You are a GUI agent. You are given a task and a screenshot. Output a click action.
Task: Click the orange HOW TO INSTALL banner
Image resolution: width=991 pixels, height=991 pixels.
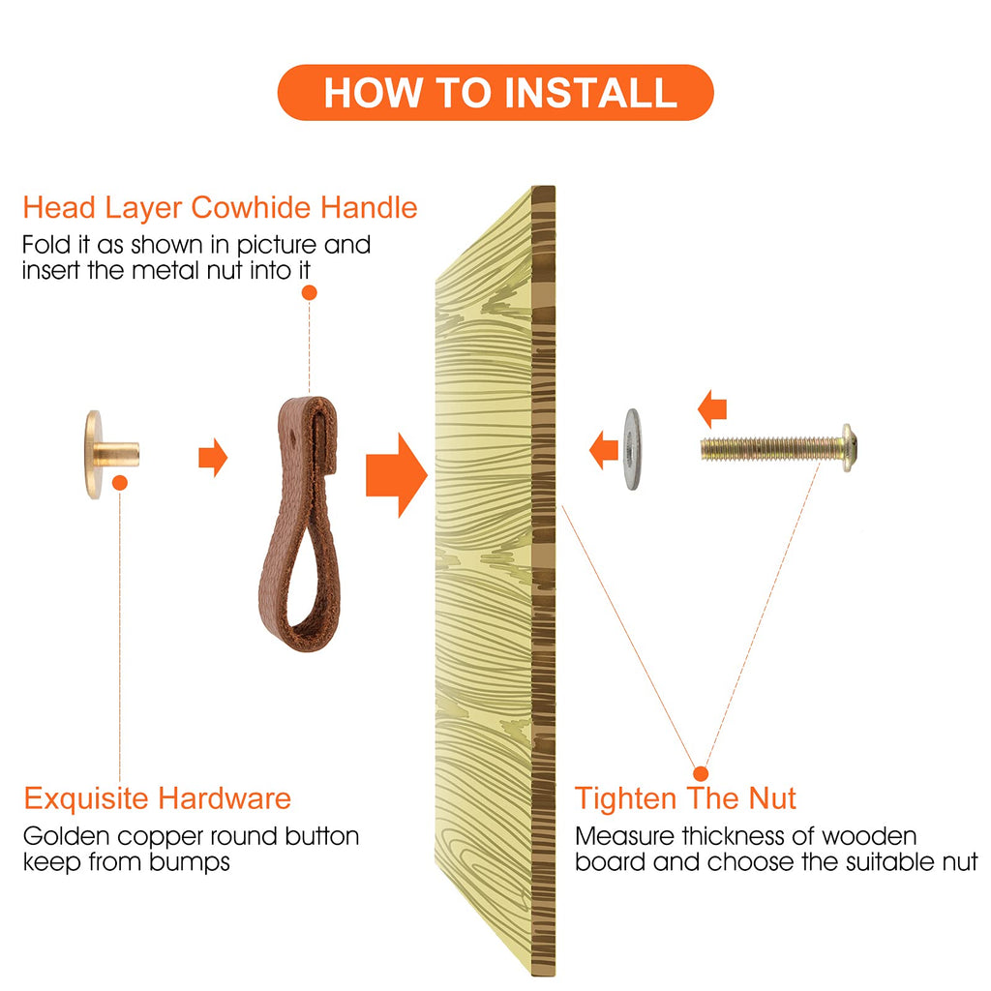[495, 92]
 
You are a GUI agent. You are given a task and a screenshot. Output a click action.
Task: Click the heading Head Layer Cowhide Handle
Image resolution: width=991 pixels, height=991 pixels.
[220, 208]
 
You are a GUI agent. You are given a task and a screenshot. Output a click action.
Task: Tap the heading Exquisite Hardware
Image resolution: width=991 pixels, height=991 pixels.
[158, 798]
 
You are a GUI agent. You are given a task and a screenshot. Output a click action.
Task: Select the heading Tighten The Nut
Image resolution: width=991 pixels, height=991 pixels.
[685, 798]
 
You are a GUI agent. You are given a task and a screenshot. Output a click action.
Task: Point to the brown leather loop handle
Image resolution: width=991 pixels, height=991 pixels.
[301, 524]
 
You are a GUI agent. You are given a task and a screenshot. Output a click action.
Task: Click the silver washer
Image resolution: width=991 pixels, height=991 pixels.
[632, 449]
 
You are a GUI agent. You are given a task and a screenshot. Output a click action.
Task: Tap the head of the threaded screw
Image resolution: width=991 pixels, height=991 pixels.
[849, 448]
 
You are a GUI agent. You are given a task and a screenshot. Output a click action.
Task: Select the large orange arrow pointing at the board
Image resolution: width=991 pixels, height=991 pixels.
[396, 475]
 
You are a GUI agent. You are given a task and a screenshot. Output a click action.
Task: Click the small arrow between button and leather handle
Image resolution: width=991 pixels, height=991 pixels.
[213, 457]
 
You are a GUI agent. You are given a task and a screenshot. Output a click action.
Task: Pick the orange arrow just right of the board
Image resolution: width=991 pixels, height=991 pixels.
[604, 450]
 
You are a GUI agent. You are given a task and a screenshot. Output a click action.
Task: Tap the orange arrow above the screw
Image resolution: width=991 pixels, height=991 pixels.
[712, 409]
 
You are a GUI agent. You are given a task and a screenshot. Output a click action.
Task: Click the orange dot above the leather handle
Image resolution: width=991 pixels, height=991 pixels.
[309, 292]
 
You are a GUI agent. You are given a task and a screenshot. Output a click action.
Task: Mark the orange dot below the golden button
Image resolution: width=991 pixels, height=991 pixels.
[120, 483]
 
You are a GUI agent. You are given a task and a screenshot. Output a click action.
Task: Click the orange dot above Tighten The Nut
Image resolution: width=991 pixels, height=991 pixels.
[701, 773]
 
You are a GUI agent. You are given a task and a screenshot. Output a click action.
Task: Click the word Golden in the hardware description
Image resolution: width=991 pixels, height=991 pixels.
[67, 837]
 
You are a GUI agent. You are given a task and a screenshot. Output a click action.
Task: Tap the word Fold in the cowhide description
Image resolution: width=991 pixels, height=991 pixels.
[45, 245]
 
